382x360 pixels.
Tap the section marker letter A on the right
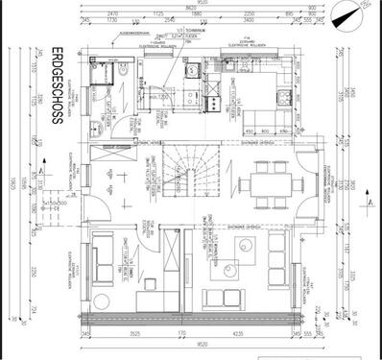[x=370, y=204]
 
